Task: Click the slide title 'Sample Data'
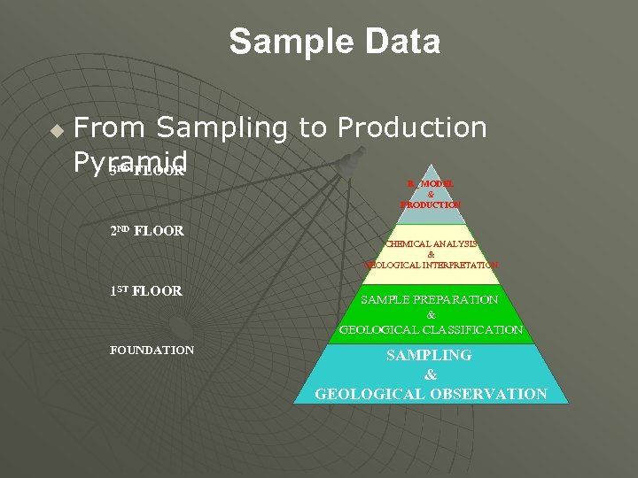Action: click(x=334, y=42)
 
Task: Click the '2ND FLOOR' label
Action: click(x=146, y=231)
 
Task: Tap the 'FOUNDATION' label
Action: click(x=152, y=350)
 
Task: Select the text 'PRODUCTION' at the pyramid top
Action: click(x=431, y=204)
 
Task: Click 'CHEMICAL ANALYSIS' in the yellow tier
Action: click(x=432, y=243)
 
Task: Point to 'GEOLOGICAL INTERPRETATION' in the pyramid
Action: click(x=432, y=265)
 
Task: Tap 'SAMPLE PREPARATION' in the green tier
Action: click(x=431, y=299)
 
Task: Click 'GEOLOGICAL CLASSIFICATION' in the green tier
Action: click(x=431, y=329)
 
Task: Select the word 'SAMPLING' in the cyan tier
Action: click(x=431, y=355)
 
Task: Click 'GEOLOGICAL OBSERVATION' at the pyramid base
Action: click(x=431, y=394)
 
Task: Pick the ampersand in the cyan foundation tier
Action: click(x=431, y=374)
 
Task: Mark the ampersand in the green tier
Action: click(x=431, y=314)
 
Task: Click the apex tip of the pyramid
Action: click(x=431, y=165)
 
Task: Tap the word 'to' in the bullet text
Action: click(x=312, y=128)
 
